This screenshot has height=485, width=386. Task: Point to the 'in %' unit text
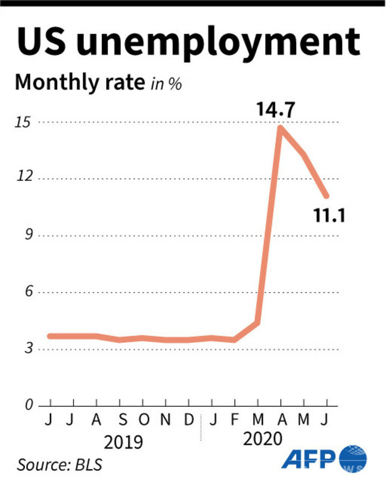(166, 84)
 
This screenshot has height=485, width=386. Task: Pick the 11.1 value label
(329, 216)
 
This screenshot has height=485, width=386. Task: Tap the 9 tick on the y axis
(27, 235)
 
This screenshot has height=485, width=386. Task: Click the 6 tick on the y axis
(27, 292)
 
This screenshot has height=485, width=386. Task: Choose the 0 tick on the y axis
(27, 405)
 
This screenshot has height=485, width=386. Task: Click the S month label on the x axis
(122, 420)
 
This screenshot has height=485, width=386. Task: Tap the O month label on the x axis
(143, 420)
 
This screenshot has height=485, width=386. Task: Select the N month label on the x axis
(165, 420)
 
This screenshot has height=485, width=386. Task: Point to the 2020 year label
(263, 439)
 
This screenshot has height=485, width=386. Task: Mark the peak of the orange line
(281, 128)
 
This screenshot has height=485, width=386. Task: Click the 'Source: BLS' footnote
(60, 464)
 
